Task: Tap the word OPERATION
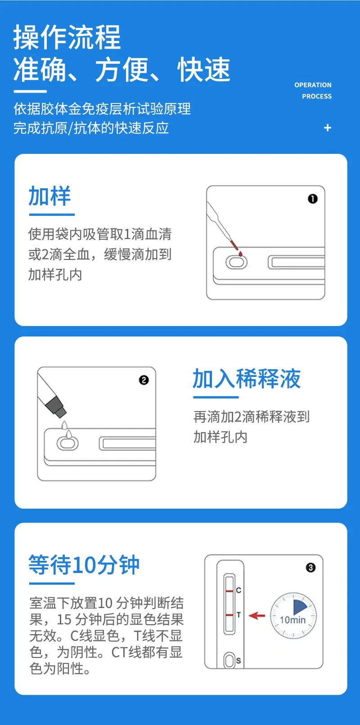[313, 85]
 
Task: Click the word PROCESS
[317, 96]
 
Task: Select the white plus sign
[328, 128]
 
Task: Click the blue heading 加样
[49, 196]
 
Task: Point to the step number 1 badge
[313, 199]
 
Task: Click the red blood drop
[240, 254]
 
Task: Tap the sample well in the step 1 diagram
[236, 262]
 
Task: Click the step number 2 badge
[144, 380]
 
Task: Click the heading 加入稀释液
[247, 378]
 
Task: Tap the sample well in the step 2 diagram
[67, 443]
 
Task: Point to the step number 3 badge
[310, 568]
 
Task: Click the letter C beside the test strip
[238, 590]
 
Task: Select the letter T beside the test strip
[238, 614]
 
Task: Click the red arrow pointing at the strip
[257, 615]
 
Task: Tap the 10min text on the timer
[292, 620]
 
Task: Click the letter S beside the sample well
[238, 661]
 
